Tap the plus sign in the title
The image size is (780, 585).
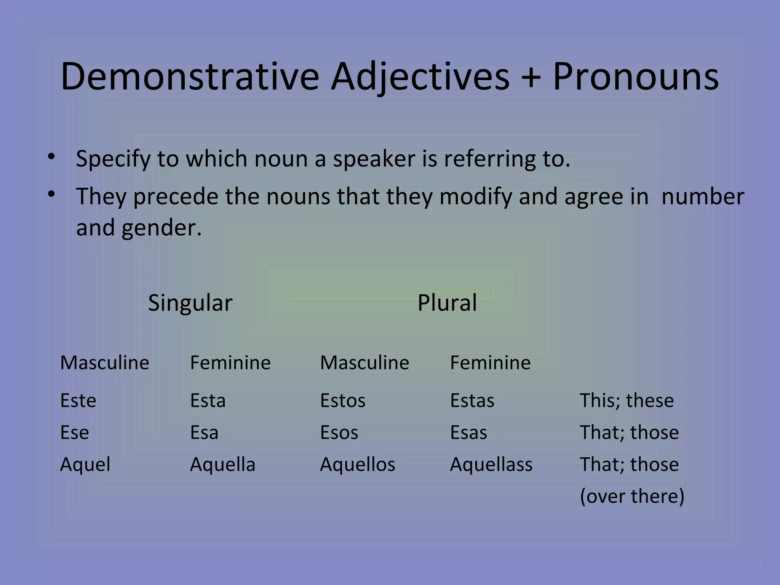531,77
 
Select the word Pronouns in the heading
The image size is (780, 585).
635,77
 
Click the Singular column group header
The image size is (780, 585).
190,303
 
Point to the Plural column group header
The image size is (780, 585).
447,303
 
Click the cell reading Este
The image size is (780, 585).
78,401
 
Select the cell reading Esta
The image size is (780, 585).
208,401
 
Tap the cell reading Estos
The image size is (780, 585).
342,401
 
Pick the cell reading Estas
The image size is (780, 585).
472,401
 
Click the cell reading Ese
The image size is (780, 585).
74,433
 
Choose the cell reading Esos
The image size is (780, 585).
339,433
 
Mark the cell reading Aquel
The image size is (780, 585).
85,465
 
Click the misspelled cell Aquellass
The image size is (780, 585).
491,465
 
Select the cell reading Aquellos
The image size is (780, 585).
357,465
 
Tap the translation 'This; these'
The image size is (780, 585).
627,401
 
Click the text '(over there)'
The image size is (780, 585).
632,496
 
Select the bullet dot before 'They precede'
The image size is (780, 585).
51,194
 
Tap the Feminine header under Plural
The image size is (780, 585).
490,363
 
